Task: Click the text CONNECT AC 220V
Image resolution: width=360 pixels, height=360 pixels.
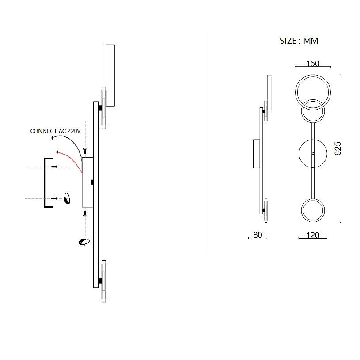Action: pyautogui.click(x=55, y=131)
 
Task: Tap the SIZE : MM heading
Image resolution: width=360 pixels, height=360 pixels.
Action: pyautogui.click(x=299, y=41)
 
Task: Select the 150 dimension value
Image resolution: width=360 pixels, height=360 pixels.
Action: pyautogui.click(x=313, y=63)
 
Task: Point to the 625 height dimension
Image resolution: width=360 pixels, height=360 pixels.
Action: pyautogui.click(x=337, y=148)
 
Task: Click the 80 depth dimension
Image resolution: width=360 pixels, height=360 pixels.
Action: pyautogui.click(x=258, y=235)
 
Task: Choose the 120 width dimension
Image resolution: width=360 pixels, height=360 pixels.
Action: pyautogui.click(x=313, y=235)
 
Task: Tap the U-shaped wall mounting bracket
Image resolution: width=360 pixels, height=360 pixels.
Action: pyautogui.click(x=45, y=183)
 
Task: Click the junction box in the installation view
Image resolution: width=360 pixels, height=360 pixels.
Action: pyautogui.click(x=87, y=182)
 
